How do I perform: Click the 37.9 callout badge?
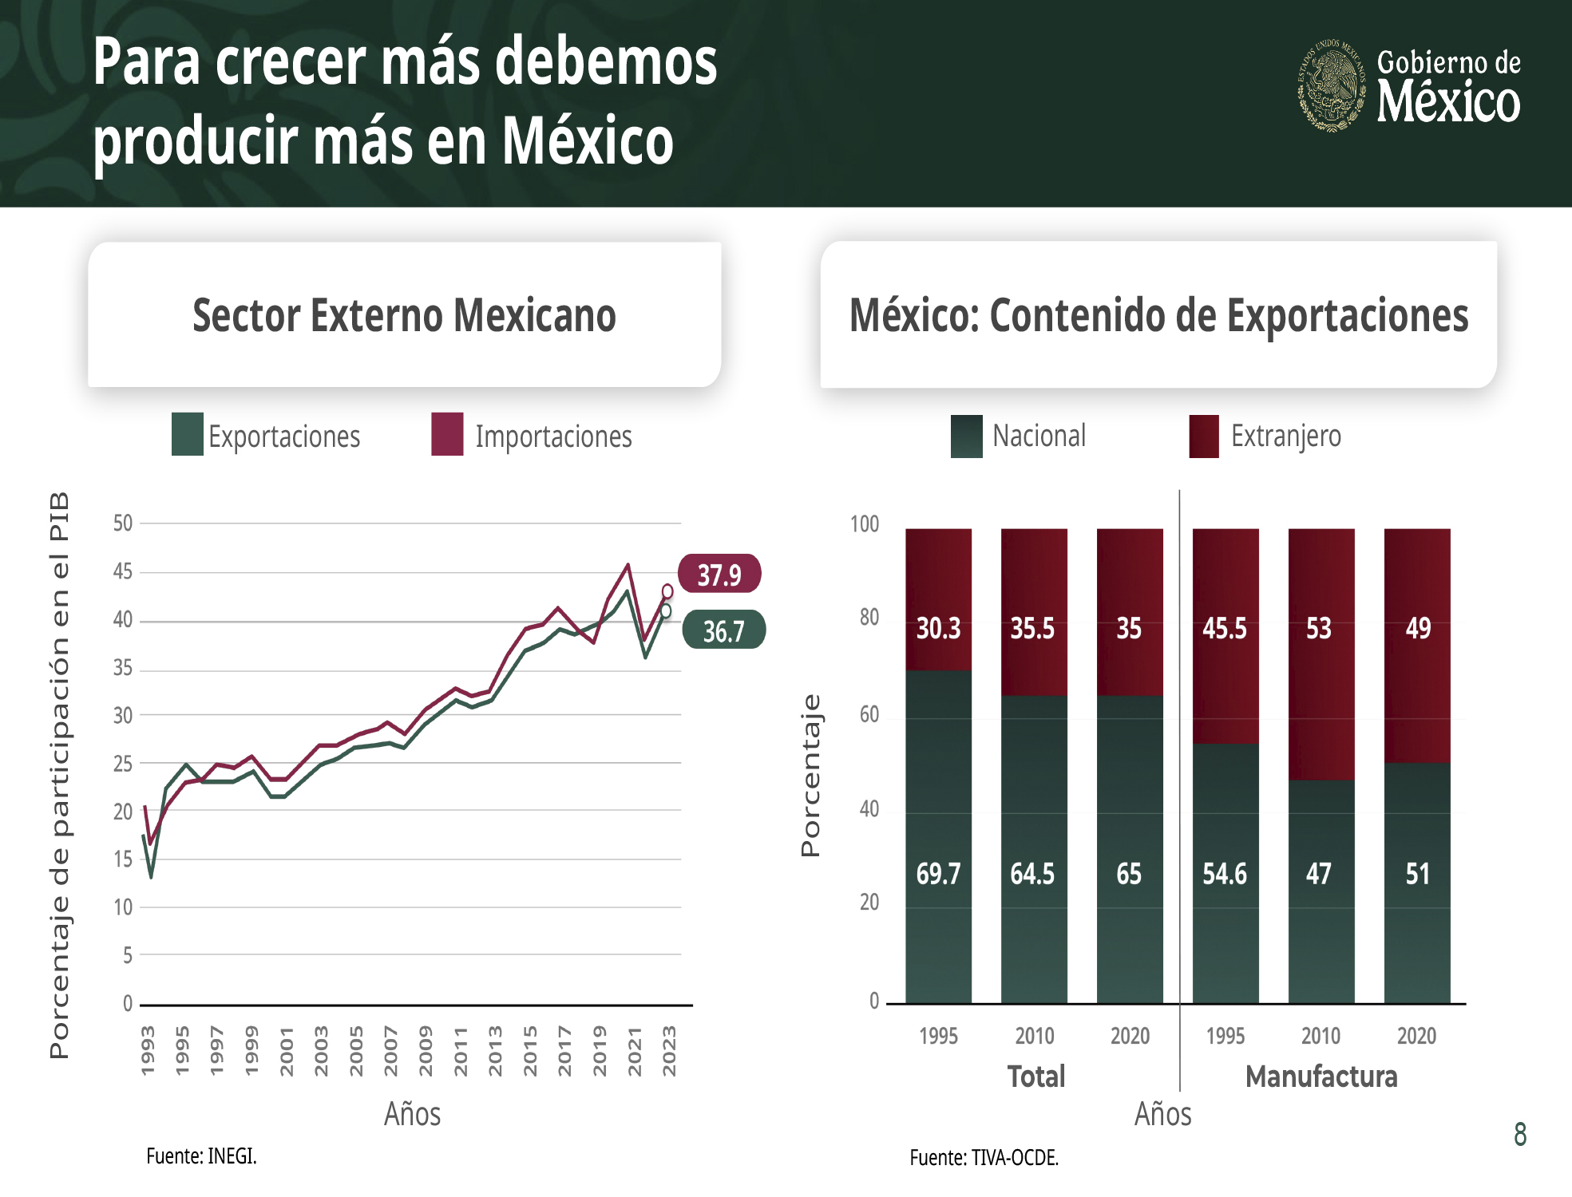[x=719, y=574]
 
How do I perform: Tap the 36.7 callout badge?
[x=723, y=630]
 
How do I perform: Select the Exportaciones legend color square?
[x=188, y=434]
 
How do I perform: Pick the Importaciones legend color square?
[x=447, y=434]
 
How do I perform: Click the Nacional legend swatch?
[x=966, y=436]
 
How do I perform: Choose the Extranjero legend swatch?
[x=1203, y=436]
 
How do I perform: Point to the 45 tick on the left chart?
[x=123, y=571]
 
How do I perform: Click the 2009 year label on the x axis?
[x=426, y=1051]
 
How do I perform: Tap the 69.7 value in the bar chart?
[x=938, y=874]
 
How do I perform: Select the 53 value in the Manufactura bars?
[x=1319, y=629]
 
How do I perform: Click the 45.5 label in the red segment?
[x=1225, y=629]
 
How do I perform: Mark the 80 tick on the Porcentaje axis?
[x=869, y=617]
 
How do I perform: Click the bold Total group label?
[x=1035, y=1077]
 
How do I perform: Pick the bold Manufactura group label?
[x=1321, y=1077]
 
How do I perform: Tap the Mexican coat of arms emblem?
[x=1331, y=85]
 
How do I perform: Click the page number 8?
[x=1520, y=1134]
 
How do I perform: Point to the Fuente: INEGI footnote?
[x=201, y=1156]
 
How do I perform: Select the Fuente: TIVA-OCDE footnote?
[x=984, y=1157]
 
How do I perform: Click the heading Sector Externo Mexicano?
[x=404, y=315]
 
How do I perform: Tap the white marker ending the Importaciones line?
[x=667, y=591]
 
